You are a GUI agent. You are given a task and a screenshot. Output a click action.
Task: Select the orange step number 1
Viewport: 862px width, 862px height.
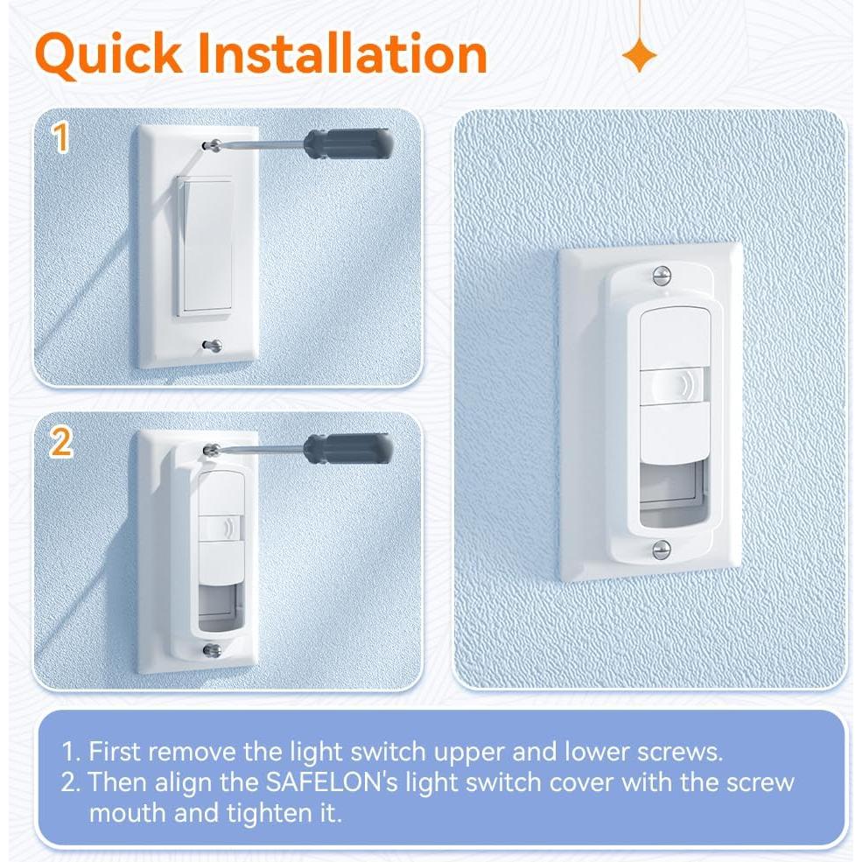(x=60, y=139)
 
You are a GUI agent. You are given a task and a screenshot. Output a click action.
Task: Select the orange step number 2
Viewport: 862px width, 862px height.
(x=60, y=444)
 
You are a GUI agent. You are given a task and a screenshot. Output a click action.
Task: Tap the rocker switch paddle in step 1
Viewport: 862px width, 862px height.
(x=206, y=246)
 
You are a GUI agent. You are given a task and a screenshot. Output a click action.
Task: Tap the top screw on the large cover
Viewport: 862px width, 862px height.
(x=662, y=276)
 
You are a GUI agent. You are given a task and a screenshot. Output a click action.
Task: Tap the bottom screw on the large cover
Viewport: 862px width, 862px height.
(x=662, y=549)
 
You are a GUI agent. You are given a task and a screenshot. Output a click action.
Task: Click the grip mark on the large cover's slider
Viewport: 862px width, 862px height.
(x=680, y=386)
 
